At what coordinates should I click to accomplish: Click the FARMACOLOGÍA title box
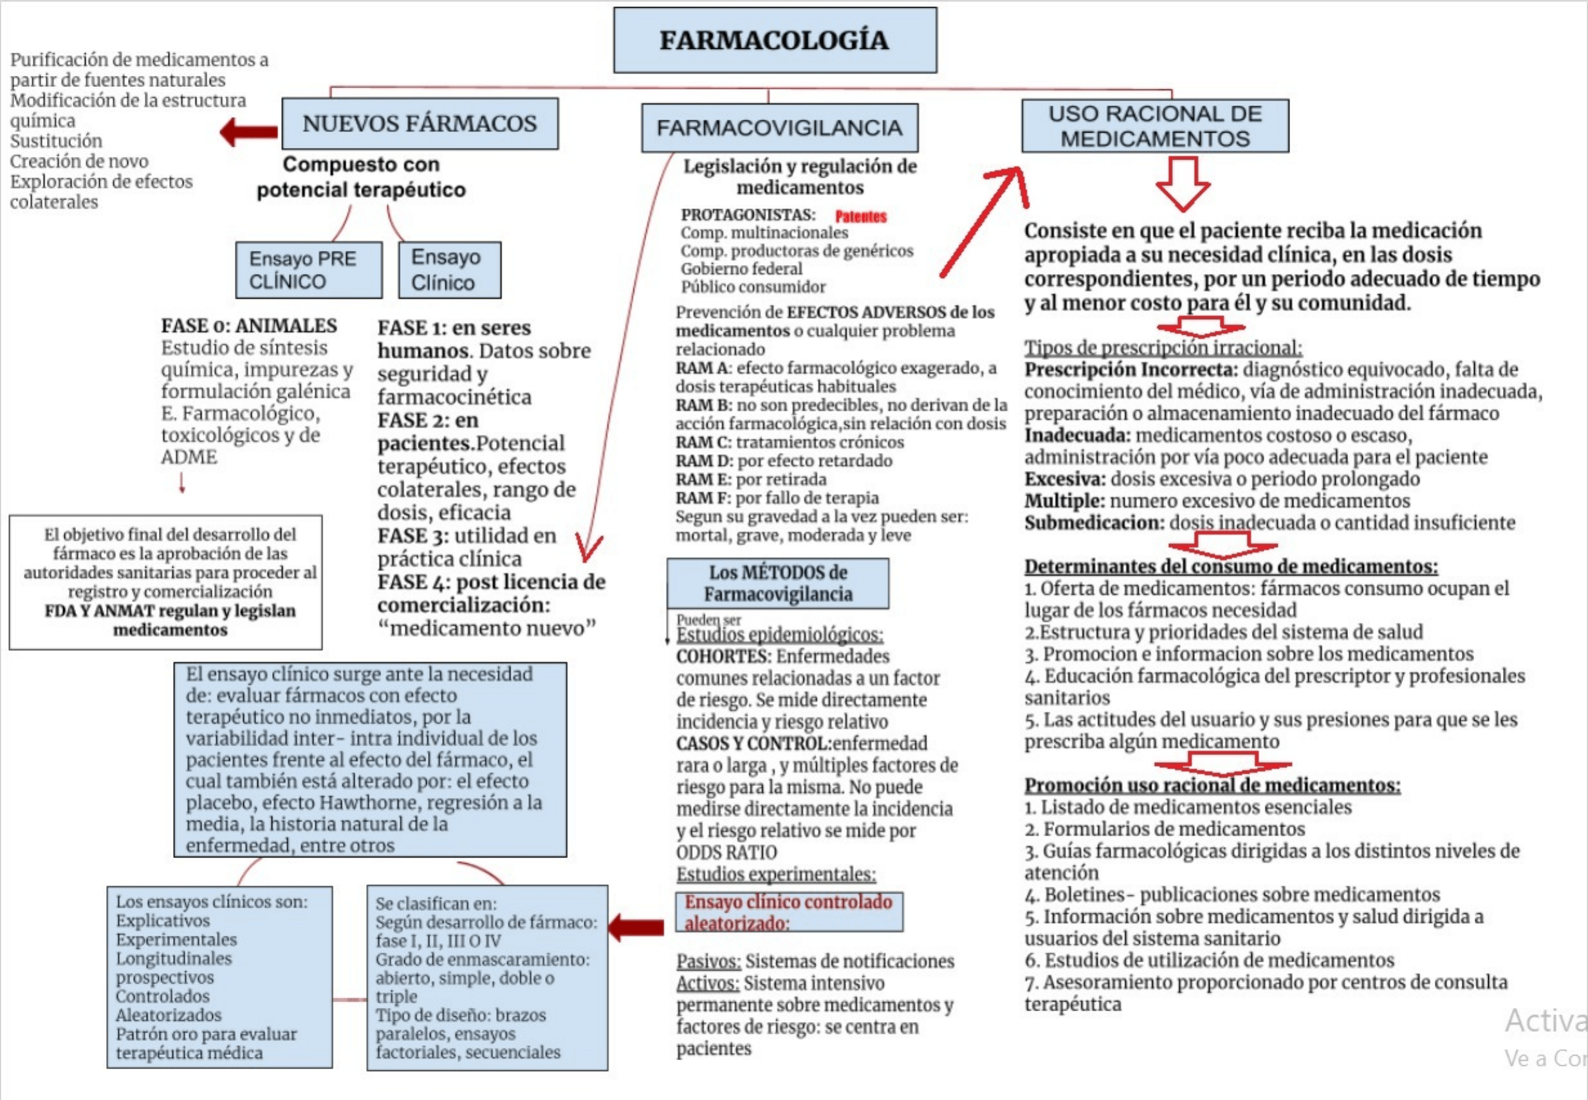(x=775, y=40)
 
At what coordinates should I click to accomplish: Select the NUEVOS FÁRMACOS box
(x=420, y=124)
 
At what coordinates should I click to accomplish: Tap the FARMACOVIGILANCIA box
(x=780, y=128)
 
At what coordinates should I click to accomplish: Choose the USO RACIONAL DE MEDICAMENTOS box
(x=1155, y=126)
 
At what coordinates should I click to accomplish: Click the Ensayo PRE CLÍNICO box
(x=308, y=270)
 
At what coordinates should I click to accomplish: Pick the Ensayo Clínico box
(x=449, y=270)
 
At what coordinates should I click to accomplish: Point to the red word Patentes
(x=861, y=216)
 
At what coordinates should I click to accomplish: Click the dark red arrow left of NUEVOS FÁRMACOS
(x=249, y=131)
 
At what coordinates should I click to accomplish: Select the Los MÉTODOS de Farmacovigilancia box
(x=777, y=583)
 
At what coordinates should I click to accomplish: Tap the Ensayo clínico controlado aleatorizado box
(x=788, y=912)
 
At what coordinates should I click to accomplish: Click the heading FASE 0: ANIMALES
(x=249, y=325)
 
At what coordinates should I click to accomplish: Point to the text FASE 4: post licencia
(x=491, y=582)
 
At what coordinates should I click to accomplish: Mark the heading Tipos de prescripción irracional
(x=1163, y=347)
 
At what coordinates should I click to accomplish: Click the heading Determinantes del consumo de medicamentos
(x=1231, y=567)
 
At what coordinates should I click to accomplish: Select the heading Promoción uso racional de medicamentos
(x=1212, y=785)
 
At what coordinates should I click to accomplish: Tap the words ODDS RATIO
(x=726, y=852)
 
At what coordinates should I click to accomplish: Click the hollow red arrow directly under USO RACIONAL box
(x=1183, y=183)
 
